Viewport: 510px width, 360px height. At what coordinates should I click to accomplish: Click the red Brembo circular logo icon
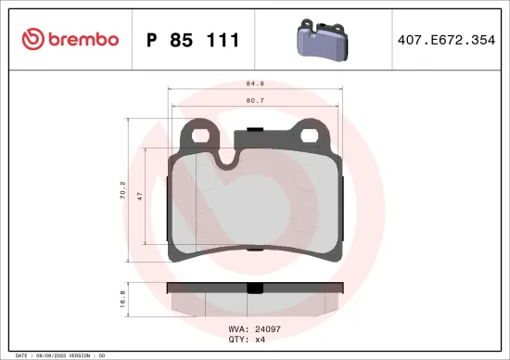[x=32, y=39]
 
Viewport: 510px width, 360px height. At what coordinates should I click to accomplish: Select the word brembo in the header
[x=83, y=39]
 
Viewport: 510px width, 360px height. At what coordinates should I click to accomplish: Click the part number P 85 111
[x=193, y=40]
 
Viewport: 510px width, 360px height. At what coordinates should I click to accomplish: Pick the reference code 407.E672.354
[x=446, y=40]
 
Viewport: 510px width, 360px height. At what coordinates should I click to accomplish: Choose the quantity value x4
[x=261, y=340]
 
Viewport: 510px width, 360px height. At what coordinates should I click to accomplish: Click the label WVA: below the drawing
[x=237, y=329]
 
